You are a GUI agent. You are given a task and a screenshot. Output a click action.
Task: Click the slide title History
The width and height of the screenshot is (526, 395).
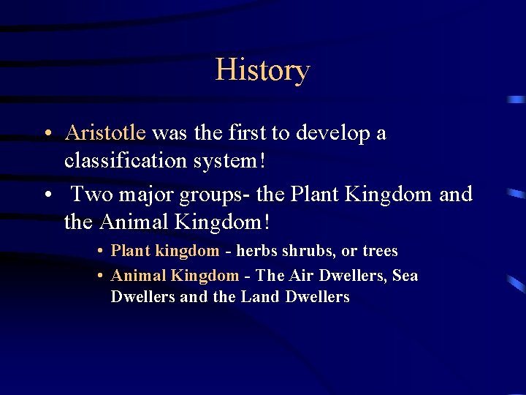point(262,70)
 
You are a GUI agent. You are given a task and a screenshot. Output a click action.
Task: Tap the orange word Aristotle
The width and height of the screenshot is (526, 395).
point(105,133)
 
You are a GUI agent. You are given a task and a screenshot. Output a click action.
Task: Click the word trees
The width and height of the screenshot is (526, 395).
point(380,251)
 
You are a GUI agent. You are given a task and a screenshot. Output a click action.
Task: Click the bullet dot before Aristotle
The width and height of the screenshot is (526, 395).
point(46,134)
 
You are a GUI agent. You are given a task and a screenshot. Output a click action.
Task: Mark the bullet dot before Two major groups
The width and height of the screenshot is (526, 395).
point(46,195)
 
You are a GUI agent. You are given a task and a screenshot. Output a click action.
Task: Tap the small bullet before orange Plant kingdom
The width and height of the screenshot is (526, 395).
point(99,252)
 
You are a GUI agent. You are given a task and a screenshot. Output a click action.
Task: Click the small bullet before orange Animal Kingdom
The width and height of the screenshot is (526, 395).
point(99,276)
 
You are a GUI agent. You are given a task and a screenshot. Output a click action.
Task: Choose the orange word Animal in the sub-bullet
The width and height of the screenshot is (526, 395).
point(138,276)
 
